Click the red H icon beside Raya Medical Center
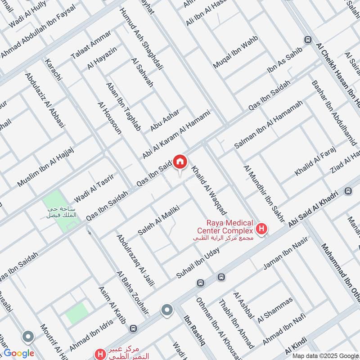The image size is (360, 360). [x=262, y=229]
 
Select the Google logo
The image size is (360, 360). [x=19, y=353]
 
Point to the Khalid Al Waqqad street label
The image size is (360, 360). [x=209, y=191]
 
